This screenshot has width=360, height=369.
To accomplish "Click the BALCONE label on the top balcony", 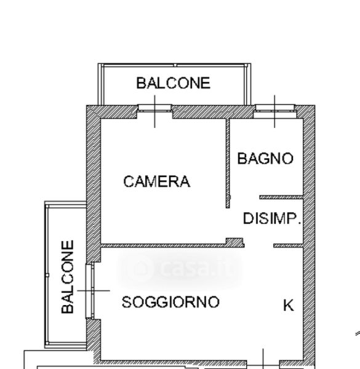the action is pos(174,83).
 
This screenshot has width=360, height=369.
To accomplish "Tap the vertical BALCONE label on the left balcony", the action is pos(68,277).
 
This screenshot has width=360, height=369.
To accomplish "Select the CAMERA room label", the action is pos(156,181).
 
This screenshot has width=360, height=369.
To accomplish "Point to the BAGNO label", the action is pos(265,159).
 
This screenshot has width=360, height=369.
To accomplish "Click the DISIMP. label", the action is pos(272,218).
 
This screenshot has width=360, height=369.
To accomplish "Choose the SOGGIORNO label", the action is pos(170,302).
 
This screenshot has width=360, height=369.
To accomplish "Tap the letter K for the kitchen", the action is pos(289,305).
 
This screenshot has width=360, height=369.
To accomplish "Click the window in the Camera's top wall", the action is pos(154,111).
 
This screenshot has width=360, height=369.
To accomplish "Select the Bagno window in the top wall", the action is pos(274,111).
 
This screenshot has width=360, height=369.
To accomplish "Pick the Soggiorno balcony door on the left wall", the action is pos(90,291).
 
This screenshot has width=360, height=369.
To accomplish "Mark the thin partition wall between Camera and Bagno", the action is pos(228,164).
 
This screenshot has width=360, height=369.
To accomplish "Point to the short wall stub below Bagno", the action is pos(281,197).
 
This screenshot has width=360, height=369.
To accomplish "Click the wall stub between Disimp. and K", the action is pos(288,245).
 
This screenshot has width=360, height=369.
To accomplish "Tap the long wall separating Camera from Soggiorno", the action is pos(172,244).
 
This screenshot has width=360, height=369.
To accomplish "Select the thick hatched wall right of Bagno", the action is pos(309,236).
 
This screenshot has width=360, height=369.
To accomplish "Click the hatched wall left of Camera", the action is pos(94,183).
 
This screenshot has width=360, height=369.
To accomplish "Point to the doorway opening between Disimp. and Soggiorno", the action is pos(258,245).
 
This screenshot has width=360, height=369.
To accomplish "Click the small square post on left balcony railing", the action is pos(47,275).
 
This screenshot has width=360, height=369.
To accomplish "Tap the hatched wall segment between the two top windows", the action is pos(214,112).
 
